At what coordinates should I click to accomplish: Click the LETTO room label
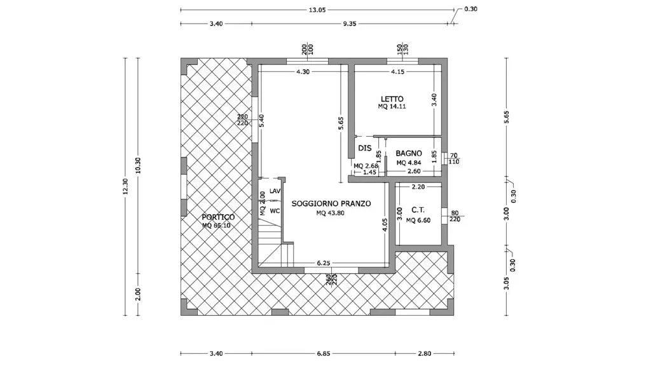pos(392,99)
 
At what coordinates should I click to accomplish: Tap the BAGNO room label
pos(409,154)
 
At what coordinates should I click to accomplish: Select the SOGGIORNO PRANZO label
pos(331,204)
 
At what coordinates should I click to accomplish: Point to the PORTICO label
pos(218,217)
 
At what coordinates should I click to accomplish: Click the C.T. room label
pos(418,210)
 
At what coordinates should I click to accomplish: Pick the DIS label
pos(365,148)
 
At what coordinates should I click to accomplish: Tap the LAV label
pos(275,191)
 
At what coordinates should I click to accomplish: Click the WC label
pos(275,211)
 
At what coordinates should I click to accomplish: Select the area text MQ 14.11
pos(392,106)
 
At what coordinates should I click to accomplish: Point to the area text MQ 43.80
pos(331,213)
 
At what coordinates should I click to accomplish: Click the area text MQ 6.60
pos(418,220)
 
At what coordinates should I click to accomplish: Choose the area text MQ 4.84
pos(409,163)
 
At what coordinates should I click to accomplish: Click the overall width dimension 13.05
pos(317,10)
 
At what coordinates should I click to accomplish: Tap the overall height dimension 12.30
pos(125,186)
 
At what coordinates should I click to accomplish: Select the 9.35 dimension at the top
pos(350,24)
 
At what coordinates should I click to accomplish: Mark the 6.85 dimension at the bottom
pos(324,353)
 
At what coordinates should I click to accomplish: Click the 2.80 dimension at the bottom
pos(424,353)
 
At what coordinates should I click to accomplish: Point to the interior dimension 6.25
pos(324,263)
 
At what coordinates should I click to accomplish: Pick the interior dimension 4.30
pos(303,72)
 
